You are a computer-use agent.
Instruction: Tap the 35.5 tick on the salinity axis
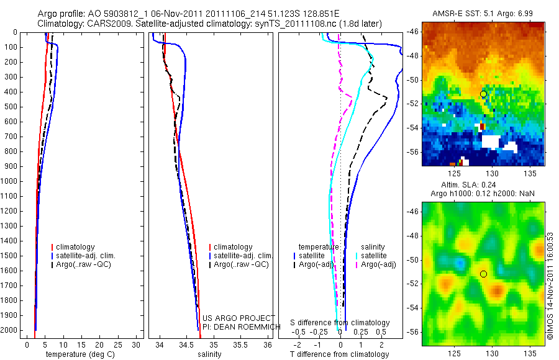[x=241, y=344]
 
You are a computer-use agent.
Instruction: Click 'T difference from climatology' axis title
[x=339, y=354]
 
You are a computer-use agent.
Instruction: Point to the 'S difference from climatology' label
[x=340, y=323]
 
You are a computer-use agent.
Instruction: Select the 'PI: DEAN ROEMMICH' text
[x=237, y=326]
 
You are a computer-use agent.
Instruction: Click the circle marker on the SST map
[x=483, y=94]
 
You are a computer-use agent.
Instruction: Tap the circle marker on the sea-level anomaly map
[x=483, y=274]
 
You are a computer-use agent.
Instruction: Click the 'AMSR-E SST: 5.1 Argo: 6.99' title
[x=483, y=13]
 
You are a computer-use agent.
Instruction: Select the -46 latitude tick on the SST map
[x=414, y=32]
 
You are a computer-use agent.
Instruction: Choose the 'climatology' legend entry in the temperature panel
[x=79, y=247]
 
